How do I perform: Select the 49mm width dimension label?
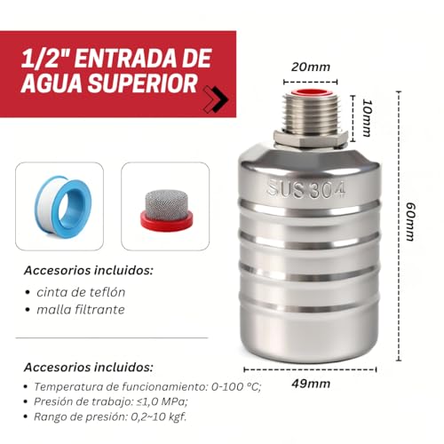coord(311,384)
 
